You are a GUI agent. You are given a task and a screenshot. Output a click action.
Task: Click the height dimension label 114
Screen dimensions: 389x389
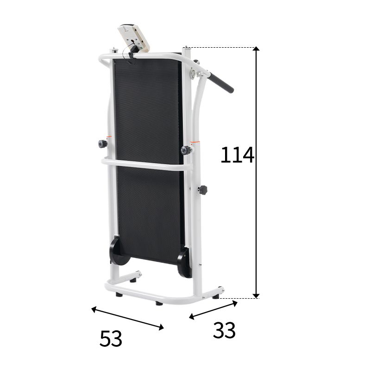(x=237, y=155)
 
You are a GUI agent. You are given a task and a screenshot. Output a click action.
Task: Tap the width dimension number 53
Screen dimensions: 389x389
(x=111, y=339)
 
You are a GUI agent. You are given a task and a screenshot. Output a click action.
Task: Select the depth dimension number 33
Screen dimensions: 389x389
(x=224, y=330)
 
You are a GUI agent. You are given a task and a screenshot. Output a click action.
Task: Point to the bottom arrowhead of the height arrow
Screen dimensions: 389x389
(x=256, y=296)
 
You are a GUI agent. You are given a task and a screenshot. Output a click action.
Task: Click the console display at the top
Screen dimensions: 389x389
(x=134, y=38)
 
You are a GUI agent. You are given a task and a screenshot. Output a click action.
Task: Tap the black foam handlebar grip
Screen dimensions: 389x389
(x=221, y=82)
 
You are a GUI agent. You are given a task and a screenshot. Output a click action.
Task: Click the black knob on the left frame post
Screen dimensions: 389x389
(x=102, y=144)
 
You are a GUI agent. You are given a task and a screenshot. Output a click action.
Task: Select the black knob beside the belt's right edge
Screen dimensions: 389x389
(x=186, y=150)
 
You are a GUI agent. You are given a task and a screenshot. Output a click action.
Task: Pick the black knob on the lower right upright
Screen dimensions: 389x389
(x=203, y=190)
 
